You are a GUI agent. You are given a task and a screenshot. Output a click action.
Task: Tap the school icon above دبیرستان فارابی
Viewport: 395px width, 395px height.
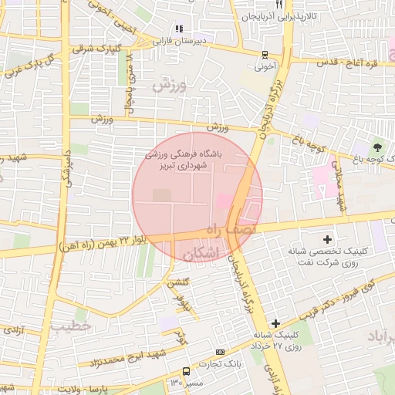click(x=179, y=29)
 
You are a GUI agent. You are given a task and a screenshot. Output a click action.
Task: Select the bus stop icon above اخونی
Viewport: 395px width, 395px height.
click(x=265, y=55)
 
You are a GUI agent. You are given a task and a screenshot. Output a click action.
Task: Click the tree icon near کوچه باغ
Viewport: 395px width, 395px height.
click(x=377, y=147)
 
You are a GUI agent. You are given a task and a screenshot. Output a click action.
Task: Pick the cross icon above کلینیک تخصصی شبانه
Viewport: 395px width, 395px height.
click(x=327, y=240)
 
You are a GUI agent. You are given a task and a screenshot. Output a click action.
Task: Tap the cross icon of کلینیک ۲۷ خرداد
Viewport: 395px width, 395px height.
click(x=275, y=322)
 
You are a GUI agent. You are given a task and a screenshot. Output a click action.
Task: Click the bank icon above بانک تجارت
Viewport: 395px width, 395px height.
click(x=221, y=352)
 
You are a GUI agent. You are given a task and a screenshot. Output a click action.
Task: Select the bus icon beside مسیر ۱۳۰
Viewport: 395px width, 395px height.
click(x=186, y=372)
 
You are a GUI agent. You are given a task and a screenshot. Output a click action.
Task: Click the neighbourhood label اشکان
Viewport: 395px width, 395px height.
click(x=203, y=254)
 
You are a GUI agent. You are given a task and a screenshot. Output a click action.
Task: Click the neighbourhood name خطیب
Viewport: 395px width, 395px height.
click(x=72, y=326)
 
